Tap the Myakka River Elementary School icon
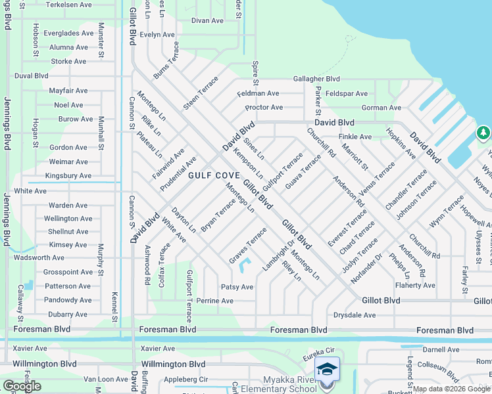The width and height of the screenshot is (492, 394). click(327, 368)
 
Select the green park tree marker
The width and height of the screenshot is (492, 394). click(483, 134)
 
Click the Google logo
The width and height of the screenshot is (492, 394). click(22, 386)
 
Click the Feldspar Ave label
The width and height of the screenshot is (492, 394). click(347, 93)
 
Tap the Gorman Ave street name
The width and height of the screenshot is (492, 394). click(381, 108)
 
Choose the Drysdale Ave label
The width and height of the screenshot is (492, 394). click(355, 315)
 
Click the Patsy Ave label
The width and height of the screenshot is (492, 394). click(237, 287)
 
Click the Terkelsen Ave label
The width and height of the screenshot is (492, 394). click(69, 5)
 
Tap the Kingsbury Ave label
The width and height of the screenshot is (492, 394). click(68, 176)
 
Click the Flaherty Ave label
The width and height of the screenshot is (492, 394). click(415, 285)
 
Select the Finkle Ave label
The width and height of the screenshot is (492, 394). click(355, 137)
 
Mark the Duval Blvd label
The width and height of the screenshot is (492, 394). click(32, 76)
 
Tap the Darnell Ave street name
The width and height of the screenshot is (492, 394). click(441, 350)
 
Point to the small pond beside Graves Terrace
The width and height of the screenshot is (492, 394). click(245, 267)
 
